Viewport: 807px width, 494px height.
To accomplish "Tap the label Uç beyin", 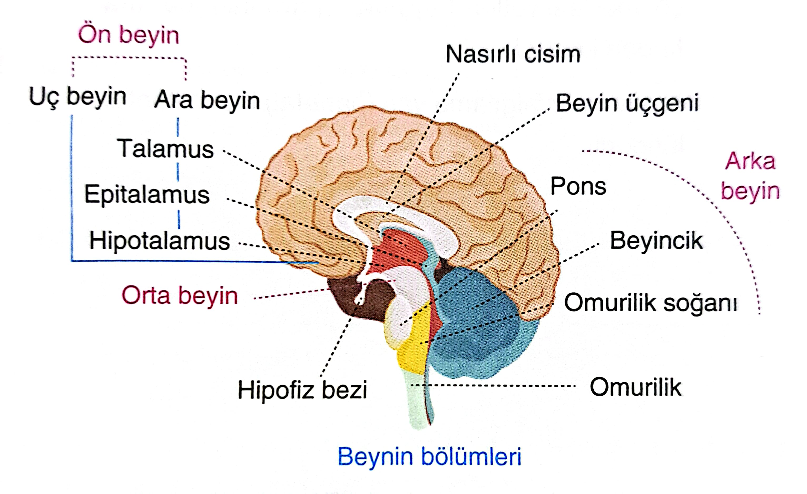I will (x=78, y=97).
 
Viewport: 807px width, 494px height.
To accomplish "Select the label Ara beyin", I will (x=207, y=100).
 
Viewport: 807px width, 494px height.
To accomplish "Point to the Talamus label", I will (x=165, y=149).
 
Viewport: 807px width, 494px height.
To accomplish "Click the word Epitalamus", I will (x=147, y=194).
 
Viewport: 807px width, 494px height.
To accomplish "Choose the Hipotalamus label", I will (x=160, y=241).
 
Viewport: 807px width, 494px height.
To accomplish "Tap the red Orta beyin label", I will (x=179, y=295).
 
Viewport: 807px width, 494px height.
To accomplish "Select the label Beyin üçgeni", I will (x=627, y=103).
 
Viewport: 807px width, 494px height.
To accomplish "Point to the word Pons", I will (x=578, y=186).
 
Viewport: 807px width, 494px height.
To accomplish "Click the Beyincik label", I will (x=656, y=241).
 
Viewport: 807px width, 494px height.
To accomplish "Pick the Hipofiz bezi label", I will (x=302, y=390).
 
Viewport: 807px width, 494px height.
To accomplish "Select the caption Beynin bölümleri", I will (x=429, y=457).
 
